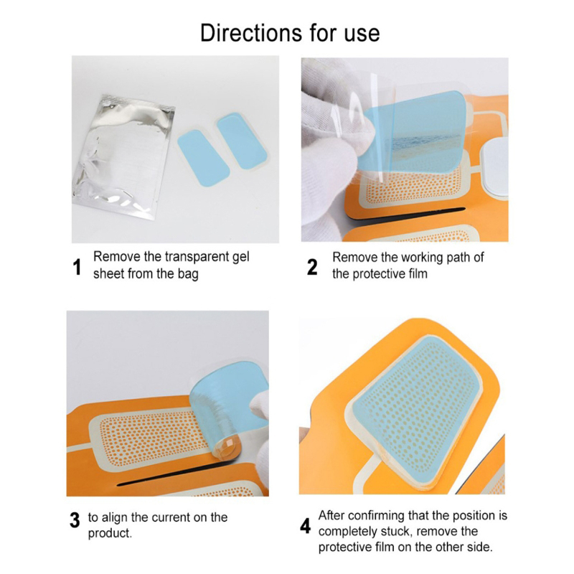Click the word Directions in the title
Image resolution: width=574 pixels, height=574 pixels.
[x=250, y=33]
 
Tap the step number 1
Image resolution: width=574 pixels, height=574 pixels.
[x=77, y=267]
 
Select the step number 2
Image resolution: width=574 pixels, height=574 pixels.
[x=312, y=267]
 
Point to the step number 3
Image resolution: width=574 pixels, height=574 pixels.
[x=75, y=519]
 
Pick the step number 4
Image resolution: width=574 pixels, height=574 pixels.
[x=305, y=526]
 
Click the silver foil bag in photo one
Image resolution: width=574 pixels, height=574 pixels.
[x=123, y=157]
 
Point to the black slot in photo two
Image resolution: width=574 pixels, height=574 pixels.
[x=405, y=214]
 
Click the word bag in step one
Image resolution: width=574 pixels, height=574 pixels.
[x=188, y=274]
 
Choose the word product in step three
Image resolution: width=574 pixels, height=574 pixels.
[x=110, y=533]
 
